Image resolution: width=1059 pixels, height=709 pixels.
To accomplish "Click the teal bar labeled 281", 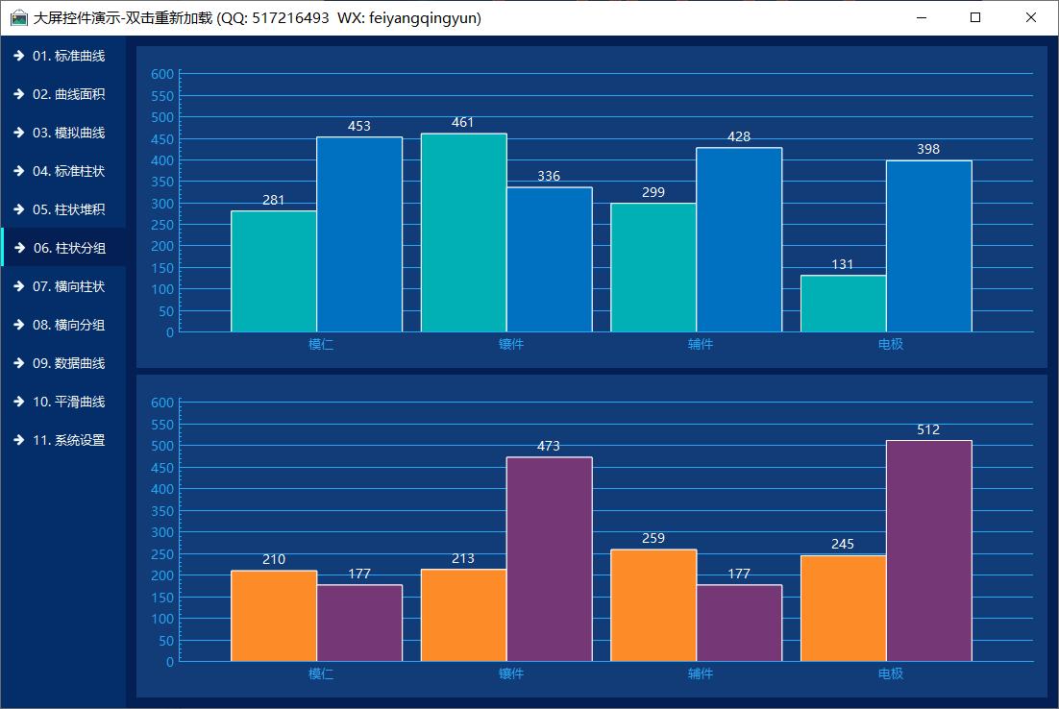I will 274,271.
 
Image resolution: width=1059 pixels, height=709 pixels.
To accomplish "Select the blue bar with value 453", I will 359,234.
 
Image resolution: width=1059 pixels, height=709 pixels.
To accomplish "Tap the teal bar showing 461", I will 463,232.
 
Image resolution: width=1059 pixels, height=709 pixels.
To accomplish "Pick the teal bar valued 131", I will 843,304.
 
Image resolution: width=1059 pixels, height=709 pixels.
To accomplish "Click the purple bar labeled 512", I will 928,550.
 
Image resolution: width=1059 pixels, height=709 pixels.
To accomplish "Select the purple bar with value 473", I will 549,559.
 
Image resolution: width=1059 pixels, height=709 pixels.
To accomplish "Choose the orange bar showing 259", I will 653,605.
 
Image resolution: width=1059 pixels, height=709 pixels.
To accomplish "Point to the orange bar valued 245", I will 843,608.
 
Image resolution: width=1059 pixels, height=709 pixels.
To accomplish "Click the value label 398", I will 928,149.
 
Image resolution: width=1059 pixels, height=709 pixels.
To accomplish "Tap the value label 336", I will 549,176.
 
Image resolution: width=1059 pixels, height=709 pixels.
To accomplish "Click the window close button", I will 1031,17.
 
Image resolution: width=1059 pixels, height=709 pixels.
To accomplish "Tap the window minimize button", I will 922,17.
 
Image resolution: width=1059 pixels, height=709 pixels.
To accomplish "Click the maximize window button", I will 976,17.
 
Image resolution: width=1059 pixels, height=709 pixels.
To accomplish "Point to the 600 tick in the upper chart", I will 162,74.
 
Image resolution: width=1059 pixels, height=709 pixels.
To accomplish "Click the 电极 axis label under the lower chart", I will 891,673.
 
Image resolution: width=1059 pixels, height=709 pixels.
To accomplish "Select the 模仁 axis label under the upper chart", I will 321,344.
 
